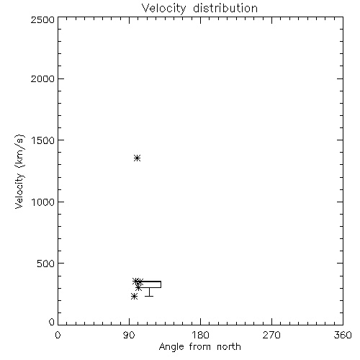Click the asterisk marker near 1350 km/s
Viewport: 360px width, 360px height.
click(137, 158)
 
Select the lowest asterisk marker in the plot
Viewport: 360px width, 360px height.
click(134, 297)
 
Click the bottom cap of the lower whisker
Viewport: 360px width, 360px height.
click(149, 296)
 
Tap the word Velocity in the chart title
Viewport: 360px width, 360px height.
click(163, 8)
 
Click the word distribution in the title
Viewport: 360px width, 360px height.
click(225, 8)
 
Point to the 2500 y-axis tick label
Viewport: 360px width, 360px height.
click(42, 19)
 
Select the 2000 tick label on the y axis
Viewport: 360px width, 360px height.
click(42, 78)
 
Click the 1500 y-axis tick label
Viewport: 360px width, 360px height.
click(43, 140)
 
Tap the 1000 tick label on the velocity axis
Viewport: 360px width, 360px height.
click(43, 202)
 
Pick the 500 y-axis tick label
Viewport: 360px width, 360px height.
click(46, 264)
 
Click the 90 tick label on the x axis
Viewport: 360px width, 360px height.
click(129, 335)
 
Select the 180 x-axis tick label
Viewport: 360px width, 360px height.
click(200, 335)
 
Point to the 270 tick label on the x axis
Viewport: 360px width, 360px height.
click(271, 335)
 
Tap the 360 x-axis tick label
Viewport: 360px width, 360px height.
click(343, 335)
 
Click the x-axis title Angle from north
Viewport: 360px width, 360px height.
click(200, 347)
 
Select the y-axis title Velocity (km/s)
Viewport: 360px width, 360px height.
click(19, 171)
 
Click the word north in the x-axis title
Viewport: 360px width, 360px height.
click(229, 346)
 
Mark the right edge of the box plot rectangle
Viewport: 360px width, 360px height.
click(161, 284)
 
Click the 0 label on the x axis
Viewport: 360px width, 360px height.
click(58, 335)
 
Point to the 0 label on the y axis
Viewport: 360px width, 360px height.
click(52, 322)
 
